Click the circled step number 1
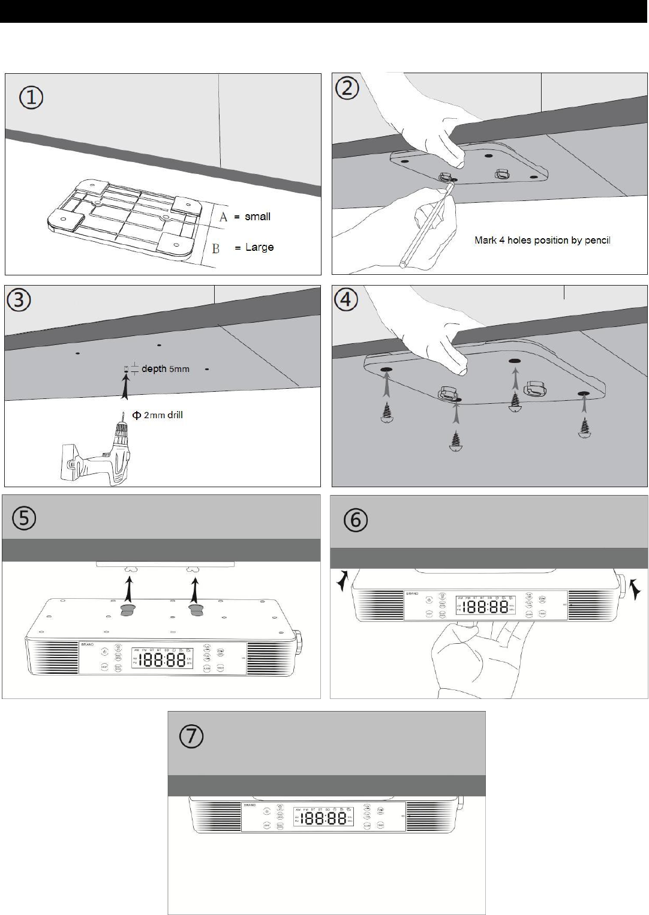(x=31, y=97)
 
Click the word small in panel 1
(x=257, y=217)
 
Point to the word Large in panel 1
(x=259, y=247)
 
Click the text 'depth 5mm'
(x=165, y=368)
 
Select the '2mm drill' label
(x=163, y=415)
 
